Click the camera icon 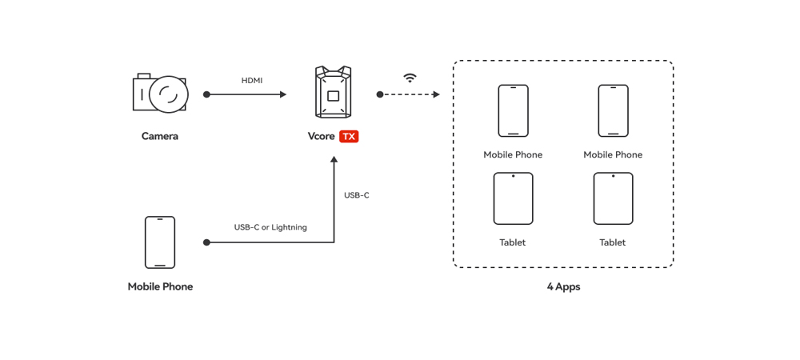point(159,94)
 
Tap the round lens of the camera point(168,94)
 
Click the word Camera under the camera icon point(160,136)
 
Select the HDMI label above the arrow point(252,81)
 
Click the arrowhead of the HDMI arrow point(282,94)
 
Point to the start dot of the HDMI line point(206,94)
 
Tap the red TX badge point(349,137)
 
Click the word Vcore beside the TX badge point(322,137)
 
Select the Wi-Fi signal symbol point(410,78)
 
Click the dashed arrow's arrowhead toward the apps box point(436,94)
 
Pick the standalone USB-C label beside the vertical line point(357,195)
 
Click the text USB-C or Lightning point(270,227)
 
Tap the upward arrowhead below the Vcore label point(334,160)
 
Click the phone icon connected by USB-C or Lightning point(160,242)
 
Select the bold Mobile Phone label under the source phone point(160,286)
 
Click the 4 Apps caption point(563,286)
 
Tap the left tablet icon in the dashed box point(513,198)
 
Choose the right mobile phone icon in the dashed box point(613,110)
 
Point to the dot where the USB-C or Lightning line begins point(206,242)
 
